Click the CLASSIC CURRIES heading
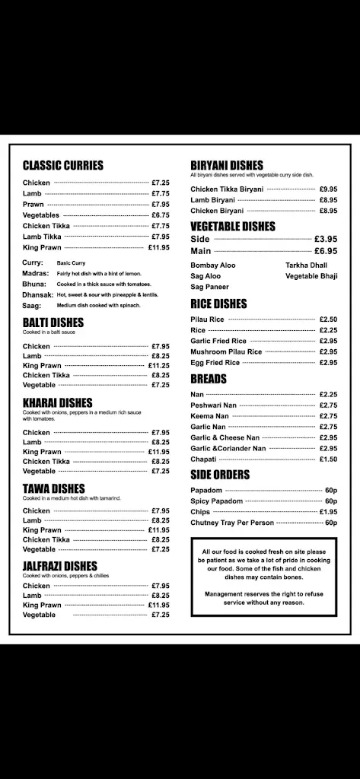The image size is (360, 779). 62,165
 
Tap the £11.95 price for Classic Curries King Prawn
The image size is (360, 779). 159,247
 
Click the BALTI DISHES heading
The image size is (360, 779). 53,323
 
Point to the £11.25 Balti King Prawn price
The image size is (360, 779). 159,365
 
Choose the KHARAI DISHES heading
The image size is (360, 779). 57,402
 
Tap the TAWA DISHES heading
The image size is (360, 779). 53,488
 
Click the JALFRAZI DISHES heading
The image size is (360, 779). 60,566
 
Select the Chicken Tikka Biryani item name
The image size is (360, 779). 227,189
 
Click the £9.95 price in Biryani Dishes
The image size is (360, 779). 328,189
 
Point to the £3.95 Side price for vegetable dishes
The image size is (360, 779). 326,239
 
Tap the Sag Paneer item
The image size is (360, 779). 209,287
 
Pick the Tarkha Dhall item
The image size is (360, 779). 306,265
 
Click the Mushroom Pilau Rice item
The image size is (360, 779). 226,352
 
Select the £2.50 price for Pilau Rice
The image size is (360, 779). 328,320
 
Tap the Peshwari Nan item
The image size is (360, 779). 214,405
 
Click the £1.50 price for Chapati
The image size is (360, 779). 328,459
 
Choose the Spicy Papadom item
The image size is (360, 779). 217,501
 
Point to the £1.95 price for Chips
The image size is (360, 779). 328,512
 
